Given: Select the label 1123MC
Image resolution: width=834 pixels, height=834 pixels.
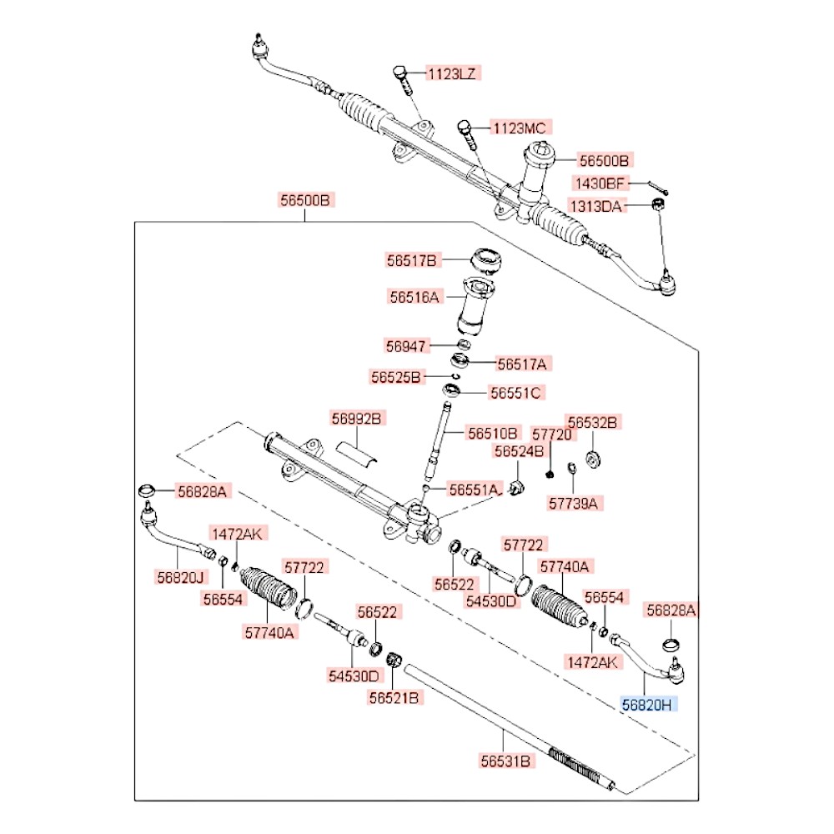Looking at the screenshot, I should coord(518,128).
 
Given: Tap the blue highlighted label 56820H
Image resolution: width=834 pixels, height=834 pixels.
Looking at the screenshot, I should coord(650,705).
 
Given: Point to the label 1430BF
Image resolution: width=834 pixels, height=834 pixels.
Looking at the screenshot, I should coord(598,183).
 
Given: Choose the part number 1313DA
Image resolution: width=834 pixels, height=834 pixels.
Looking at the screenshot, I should coord(595,205).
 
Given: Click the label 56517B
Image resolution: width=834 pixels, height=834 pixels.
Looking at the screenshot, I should coord(411,260).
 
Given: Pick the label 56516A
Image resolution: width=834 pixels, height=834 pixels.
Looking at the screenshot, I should coord(414,295).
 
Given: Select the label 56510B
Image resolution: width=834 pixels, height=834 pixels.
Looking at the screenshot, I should coord(493,433).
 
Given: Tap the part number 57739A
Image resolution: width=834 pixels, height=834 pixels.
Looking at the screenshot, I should coord(575,503).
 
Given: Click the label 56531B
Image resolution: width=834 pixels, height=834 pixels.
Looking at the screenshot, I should coord(505,761).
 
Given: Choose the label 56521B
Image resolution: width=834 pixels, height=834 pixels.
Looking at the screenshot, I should coord(394,697).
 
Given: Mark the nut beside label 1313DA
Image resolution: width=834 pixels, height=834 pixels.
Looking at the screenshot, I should coord(657,204).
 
